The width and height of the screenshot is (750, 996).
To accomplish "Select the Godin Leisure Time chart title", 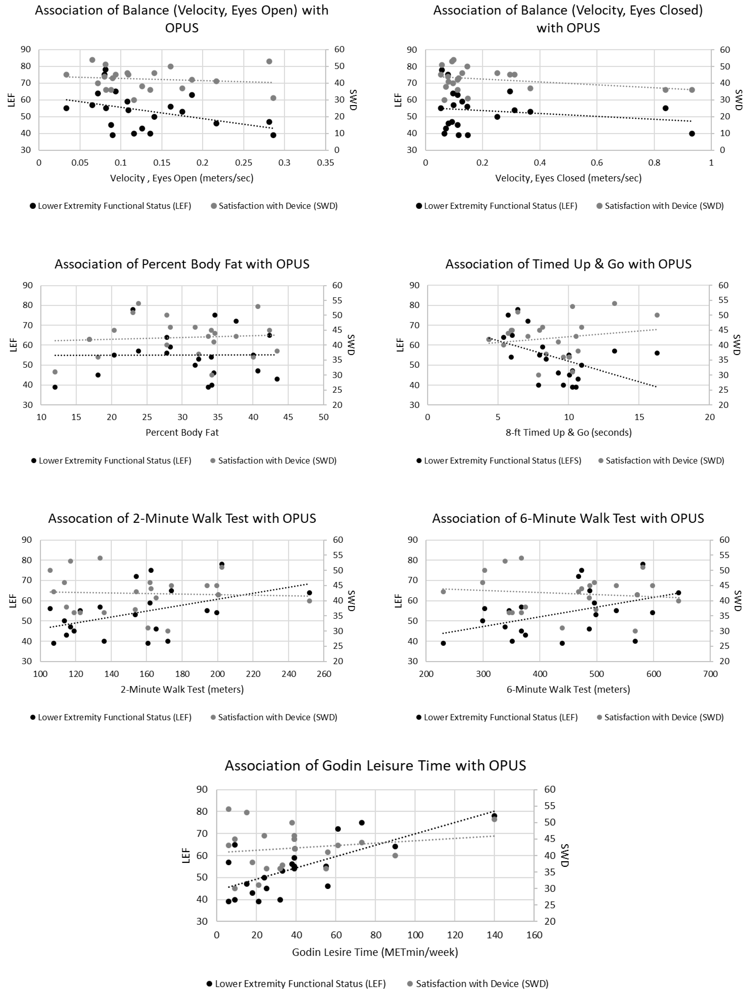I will [375, 765].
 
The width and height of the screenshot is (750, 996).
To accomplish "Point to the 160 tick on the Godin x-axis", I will [534, 935].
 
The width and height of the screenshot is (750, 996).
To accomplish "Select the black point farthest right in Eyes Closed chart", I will [692, 133].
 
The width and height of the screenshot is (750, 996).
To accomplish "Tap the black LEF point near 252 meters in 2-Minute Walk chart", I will [309, 592].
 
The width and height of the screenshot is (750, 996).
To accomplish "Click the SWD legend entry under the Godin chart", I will [477, 984].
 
